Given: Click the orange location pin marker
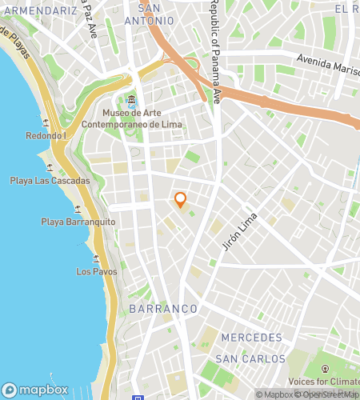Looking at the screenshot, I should tap(180, 199).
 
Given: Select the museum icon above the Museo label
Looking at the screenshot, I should tap(131, 102).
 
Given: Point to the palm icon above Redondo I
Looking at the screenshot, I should tap(44, 123).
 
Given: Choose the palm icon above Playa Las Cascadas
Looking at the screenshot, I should tap(50, 168).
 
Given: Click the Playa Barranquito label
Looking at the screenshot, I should tap(78, 222).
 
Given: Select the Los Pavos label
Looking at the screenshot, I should tap(97, 271).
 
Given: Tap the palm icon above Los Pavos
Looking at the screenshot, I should tap(97, 258).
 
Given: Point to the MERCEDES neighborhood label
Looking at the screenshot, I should tap(252, 337).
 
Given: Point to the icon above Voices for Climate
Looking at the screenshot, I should tap(326, 368).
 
